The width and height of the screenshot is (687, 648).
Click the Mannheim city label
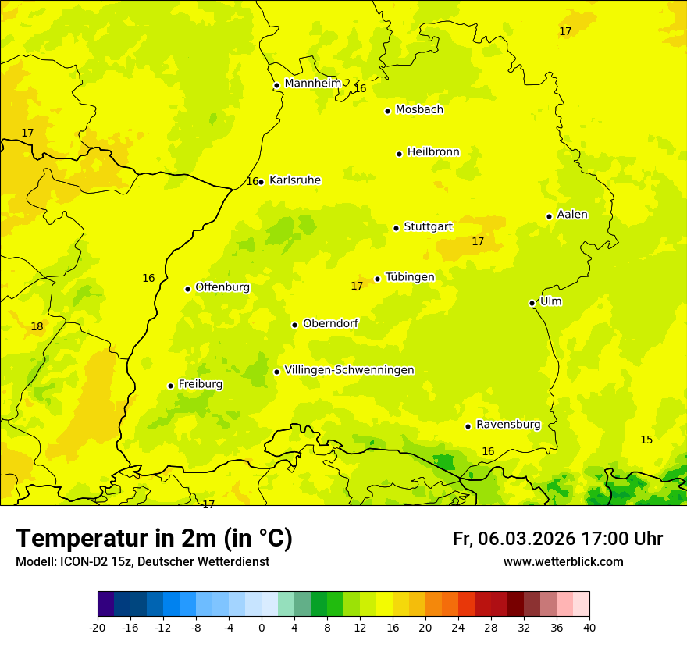tap(312, 84)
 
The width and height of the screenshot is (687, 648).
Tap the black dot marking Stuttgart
tap(396, 228)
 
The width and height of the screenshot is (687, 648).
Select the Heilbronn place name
tap(433, 152)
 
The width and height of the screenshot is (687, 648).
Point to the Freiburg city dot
tap(170, 386)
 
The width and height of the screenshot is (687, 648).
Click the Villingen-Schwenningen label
tap(349, 370)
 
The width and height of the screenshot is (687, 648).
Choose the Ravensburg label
tap(508, 425)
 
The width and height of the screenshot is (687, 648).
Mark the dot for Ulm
tap(532, 303)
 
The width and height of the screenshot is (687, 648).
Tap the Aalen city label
tap(572, 215)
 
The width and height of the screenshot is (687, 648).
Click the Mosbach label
tap(419, 110)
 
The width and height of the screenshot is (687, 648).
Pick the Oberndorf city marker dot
tap(294, 325)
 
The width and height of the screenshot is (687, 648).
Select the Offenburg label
tap(222, 287)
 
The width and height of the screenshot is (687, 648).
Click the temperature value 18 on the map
tap(37, 326)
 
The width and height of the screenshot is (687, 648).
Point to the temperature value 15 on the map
tap(646, 440)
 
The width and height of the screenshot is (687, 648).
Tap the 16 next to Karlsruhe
tap(252, 181)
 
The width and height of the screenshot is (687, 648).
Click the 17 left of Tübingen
tap(357, 286)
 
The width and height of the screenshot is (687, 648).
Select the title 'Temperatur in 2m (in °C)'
tap(154, 539)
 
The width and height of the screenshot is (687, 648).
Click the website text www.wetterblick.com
tap(563, 562)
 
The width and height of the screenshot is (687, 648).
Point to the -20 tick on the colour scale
tap(98, 627)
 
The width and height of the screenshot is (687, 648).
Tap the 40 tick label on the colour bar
tap(589, 627)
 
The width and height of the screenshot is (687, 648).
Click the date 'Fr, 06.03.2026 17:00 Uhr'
tap(557, 539)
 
